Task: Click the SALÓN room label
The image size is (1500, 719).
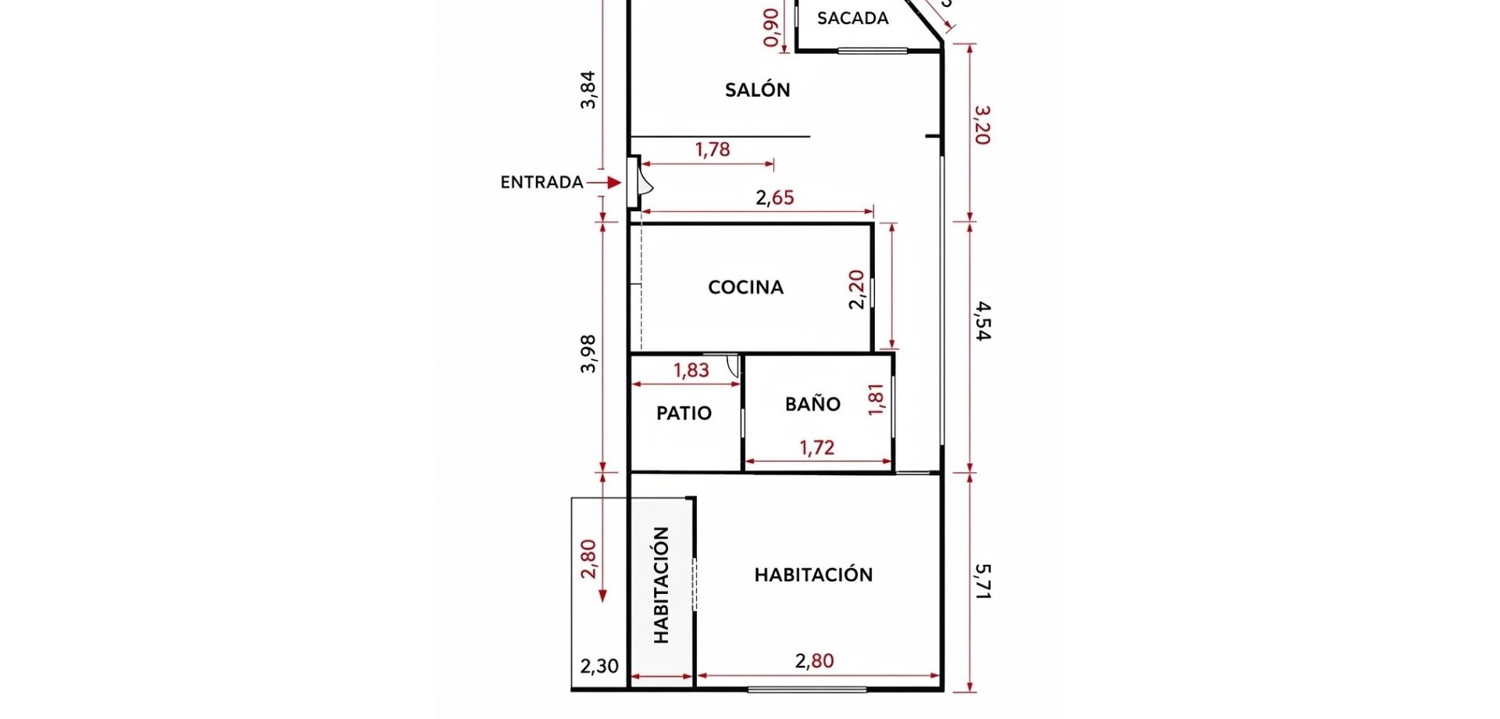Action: pos(757,90)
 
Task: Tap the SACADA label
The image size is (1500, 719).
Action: pos(852,18)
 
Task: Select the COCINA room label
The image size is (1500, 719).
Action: pos(745,288)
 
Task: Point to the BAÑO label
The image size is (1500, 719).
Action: pos(812,403)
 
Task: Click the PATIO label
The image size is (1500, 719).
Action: pos(684,413)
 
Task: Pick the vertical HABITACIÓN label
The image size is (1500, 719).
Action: pos(661,585)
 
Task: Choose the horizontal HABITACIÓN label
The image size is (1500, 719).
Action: pos(813,574)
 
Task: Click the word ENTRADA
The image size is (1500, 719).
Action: pos(542,182)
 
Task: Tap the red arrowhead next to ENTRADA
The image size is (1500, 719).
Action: pos(615,182)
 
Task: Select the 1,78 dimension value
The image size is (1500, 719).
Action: pos(712,149)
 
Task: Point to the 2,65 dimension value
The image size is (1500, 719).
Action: pos(774,198)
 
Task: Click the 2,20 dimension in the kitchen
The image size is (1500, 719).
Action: pos(857,289)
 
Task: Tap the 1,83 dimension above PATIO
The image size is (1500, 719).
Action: pos(691,370)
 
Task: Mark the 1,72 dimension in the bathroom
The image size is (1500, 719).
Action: pos(817,448)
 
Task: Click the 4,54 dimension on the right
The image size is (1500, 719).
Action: pos(983,321)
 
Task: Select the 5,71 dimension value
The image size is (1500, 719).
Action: pos(983,581)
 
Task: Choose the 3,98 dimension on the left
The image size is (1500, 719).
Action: pos(588,354)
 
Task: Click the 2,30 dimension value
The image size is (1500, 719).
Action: pos(599,667)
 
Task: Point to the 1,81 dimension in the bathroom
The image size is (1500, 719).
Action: pos(876,399)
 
